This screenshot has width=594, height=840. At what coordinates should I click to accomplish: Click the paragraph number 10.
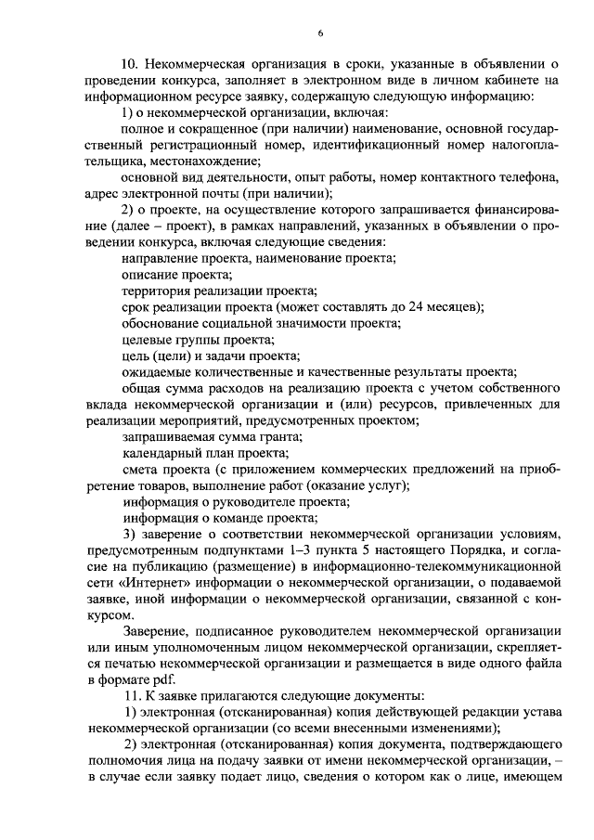[x=131, y=64]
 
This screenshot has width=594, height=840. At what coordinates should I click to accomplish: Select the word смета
[x=141, y=469]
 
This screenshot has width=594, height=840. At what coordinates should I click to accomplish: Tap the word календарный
[x=162, y=453]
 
